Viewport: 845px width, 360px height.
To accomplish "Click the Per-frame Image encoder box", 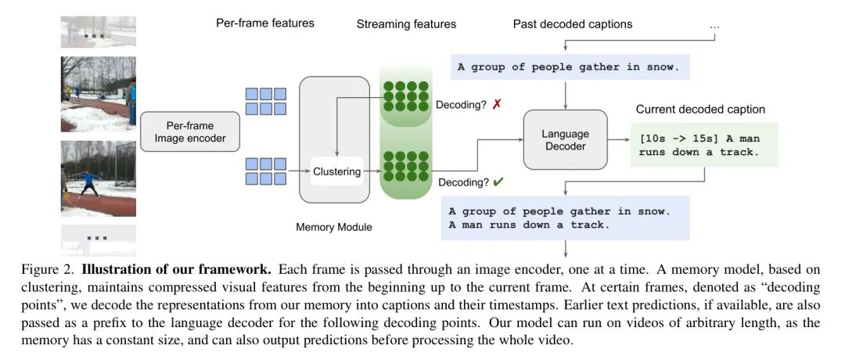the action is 190,131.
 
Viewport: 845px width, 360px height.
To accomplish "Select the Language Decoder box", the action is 566,139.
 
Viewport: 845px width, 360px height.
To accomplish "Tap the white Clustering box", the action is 337,172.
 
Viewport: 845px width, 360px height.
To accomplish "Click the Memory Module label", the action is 334,227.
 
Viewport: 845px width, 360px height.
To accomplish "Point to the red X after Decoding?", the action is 497,104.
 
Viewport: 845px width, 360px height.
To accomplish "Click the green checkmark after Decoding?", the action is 498,182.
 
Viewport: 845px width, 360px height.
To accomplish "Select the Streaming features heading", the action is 406,23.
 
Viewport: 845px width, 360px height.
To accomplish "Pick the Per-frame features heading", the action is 265,23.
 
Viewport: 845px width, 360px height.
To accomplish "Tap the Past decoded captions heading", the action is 573,23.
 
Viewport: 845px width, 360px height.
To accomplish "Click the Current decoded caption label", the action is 700,110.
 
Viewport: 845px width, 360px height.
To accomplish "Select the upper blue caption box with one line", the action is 569,67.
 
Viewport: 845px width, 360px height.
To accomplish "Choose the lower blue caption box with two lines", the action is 566,218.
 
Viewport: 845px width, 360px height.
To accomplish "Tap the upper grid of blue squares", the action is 266,101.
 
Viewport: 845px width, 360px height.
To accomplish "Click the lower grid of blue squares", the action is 266,171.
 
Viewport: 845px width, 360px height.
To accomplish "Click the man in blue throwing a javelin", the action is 88,182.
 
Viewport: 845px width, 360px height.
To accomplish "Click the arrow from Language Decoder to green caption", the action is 619,139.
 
